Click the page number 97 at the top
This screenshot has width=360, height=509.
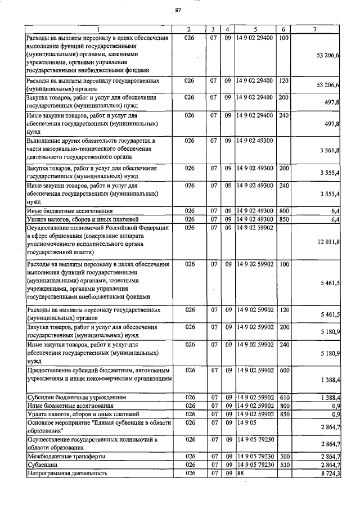click(178, 10)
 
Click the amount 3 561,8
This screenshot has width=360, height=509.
click(329, 151)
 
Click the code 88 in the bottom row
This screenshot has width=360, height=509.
click(240, 475)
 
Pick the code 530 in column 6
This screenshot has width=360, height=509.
click(284, 466)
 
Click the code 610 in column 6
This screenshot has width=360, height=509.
click(284, 398)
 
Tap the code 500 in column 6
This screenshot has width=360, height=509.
click(284, 457)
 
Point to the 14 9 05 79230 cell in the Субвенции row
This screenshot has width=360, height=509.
click(255, 466)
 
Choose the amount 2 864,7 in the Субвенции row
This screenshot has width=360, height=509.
click(329, 466)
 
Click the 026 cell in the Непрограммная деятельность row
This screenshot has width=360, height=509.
click(190, 475)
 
